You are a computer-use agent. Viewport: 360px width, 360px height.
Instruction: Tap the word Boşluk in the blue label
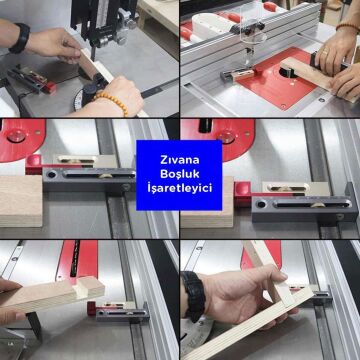pos(179,174)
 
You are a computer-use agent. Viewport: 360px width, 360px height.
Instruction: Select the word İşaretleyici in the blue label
pos(179,188)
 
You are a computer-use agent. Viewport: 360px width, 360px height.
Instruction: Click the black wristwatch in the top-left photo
pos(19,37)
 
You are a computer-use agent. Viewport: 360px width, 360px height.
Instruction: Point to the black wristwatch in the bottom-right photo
pos(194,294)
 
